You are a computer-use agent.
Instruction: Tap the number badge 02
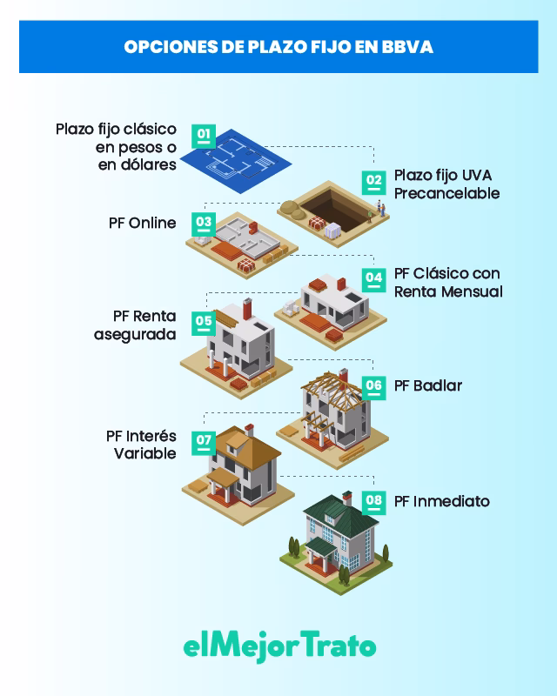pyautogui.click(x=373, y=183)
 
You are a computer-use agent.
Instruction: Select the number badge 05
pyautogui.click(x=204, y=323)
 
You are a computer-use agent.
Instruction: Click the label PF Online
pyautogui.click(x=142, y=223)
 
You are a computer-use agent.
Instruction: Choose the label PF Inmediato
pyautogui.click(x=441, y=502)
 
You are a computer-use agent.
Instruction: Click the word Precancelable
pyautogui.click(x=446, y=193)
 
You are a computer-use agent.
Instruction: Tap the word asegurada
pyautogui.click(x=135, y=334)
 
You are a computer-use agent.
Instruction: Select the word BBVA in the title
pyautogui.click(x=406, y=47)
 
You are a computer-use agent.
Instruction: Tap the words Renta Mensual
pyautogui.click(x=448, y=291)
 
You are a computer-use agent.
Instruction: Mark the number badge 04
pyautogui.click(x=373, y=280)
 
